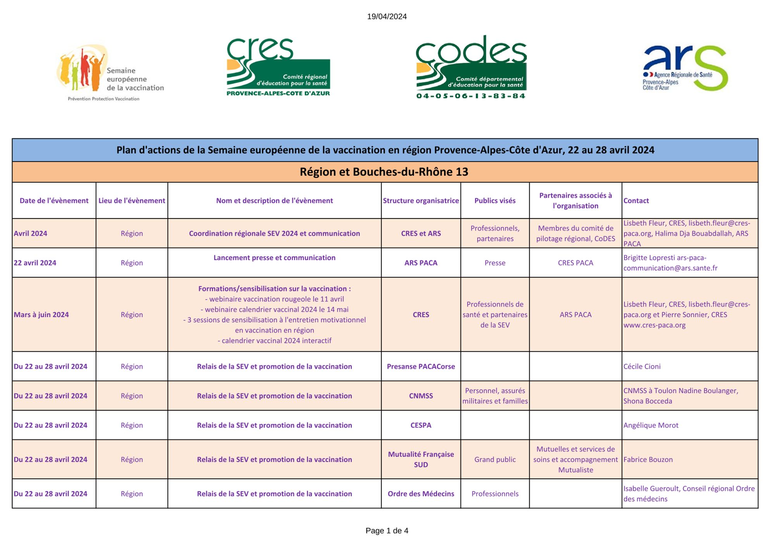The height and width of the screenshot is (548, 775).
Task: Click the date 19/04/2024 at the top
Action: click(x=387, y=17)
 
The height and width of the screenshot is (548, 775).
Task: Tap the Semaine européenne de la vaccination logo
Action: click(x=110, y=73)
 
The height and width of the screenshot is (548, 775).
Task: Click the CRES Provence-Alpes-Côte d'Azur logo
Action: click(x=278, y=67)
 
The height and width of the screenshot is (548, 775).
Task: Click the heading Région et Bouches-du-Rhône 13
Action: click(x=384, y=172)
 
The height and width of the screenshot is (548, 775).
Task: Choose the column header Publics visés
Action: click(x=495, y=201)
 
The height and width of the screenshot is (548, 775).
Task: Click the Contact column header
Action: click(x=636, y=201)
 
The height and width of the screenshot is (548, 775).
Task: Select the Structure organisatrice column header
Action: click(x=421, y=201)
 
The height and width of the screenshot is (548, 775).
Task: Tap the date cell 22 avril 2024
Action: click(x=35, y=263)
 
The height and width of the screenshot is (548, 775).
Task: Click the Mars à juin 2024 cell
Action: click(x=41, y=315)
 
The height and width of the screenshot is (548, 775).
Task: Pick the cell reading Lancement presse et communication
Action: click(x=274, y=258)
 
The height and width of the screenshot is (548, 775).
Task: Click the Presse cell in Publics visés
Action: click(x=495, y=263)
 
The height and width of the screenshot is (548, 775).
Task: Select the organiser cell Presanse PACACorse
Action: click(x=421, y=366)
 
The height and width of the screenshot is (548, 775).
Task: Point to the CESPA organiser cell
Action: click(x=421, y=425)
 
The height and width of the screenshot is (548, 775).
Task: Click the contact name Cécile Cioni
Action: click(x=642, y=366)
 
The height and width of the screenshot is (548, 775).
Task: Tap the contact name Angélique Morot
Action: click(x=651, y=425)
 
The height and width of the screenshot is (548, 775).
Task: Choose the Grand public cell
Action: click(x=495, y=460)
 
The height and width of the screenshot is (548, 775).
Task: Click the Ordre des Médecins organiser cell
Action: click(x=421, y=494)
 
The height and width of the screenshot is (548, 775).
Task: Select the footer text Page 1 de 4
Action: click(x=387, y=531)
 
